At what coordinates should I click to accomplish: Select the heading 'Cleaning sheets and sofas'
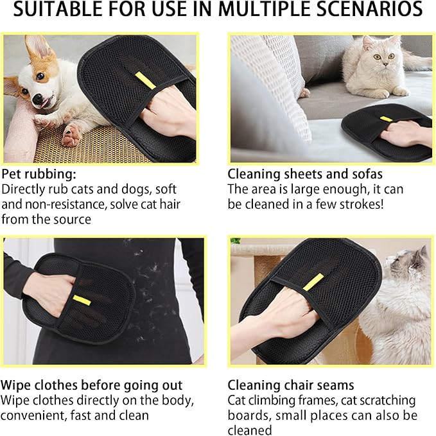click(x=305, y=174)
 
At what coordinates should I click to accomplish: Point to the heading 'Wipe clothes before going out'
click(x=92, y=385)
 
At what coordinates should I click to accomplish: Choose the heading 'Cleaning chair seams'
click(x=291, y=385)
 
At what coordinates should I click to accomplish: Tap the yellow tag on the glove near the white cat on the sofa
click(x=385, y=118)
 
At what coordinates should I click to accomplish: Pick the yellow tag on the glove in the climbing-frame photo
click(x=313, y=281)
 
